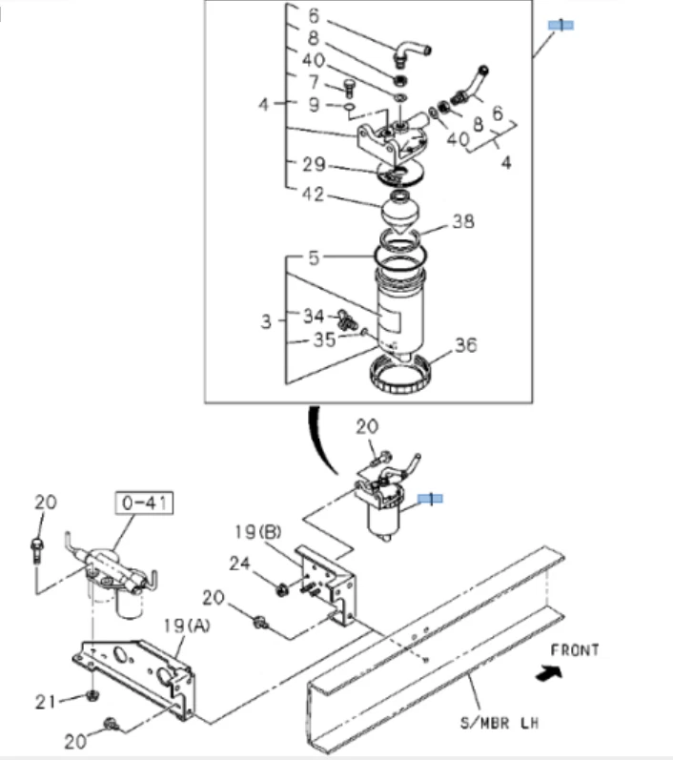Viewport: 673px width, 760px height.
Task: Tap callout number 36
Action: point(465,345)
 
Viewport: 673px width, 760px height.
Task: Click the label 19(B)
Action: point(257,530)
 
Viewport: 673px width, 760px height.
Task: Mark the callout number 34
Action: point(315,315)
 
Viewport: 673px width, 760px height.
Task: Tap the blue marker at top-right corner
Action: point(560,24)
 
